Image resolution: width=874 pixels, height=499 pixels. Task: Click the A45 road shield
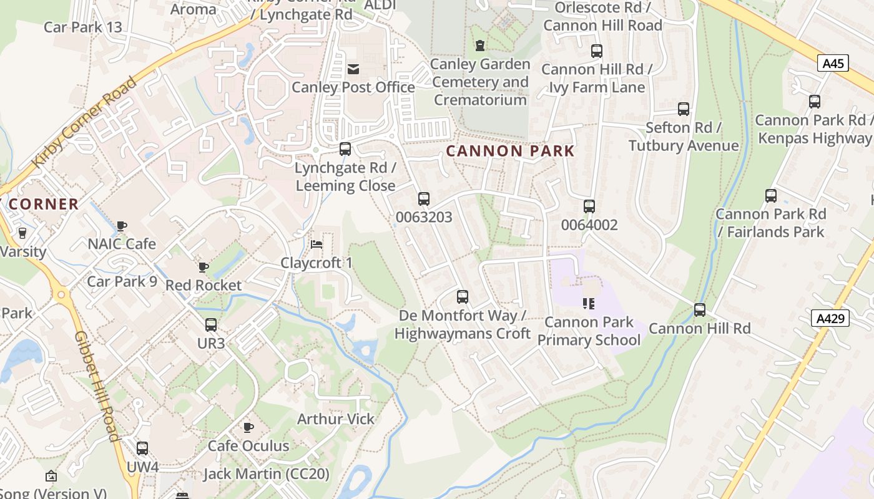[x=833, y=63]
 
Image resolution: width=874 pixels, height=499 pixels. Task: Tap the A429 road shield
[x=832, y=319]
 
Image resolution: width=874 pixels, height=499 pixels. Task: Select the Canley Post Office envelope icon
[x=353, y=69]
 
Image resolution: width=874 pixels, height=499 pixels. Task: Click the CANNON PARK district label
[x=510, y=151]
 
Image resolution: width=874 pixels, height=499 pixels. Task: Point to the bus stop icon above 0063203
[x=424, y=199]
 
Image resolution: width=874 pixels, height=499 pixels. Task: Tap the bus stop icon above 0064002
[x=589, y=206]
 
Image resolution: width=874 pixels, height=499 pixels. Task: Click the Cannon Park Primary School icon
[x=588, y=304]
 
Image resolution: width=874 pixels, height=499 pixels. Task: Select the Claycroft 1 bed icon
[x=317, y=244]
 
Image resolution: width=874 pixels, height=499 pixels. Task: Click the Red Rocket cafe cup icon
[x=203, y=267]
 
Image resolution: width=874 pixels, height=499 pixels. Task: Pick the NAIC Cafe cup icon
[x=122, y=225]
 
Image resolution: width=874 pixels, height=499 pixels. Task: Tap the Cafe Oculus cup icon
[x=248, y=427]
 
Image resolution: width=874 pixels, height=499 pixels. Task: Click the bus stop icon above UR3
[x=211, y=325]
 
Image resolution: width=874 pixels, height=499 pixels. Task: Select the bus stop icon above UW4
[x=142, y=448]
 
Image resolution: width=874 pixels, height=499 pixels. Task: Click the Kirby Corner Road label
[x=84, y=122]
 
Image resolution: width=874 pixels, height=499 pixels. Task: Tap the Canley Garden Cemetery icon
[x=479, y=46]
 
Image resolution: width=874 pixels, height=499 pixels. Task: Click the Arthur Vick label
[x=336, y=419]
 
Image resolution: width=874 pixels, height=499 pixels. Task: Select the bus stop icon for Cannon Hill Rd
[x=700, y=310]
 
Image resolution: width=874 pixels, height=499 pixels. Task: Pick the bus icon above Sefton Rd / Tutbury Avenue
[x=684, y=109]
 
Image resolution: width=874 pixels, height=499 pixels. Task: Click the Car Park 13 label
[x=83, y=27]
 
